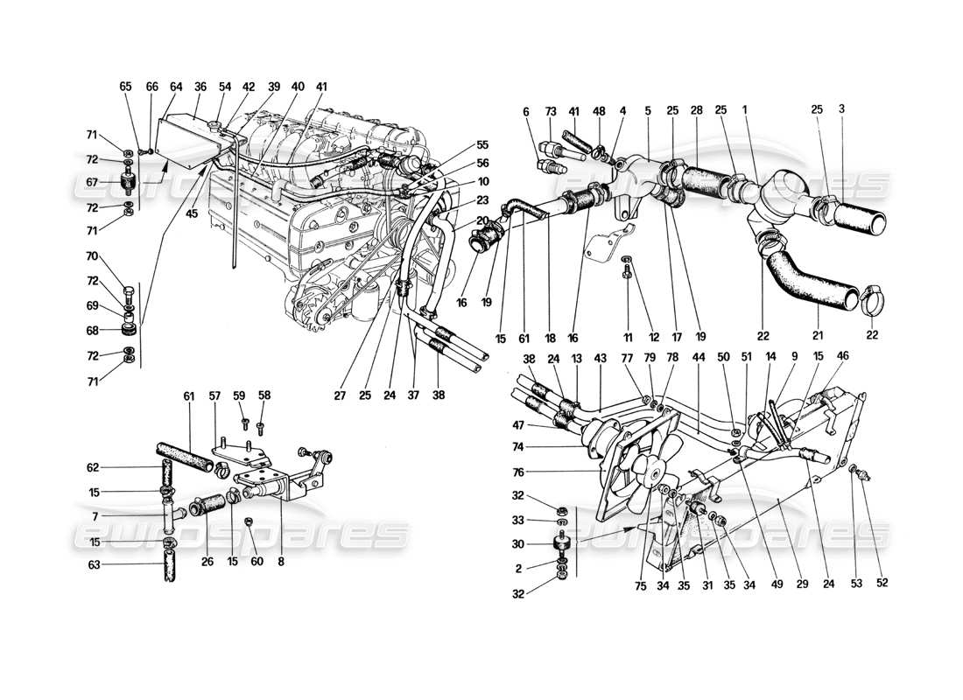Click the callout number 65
126,87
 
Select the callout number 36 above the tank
200,87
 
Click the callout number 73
551,111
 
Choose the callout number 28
697,111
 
